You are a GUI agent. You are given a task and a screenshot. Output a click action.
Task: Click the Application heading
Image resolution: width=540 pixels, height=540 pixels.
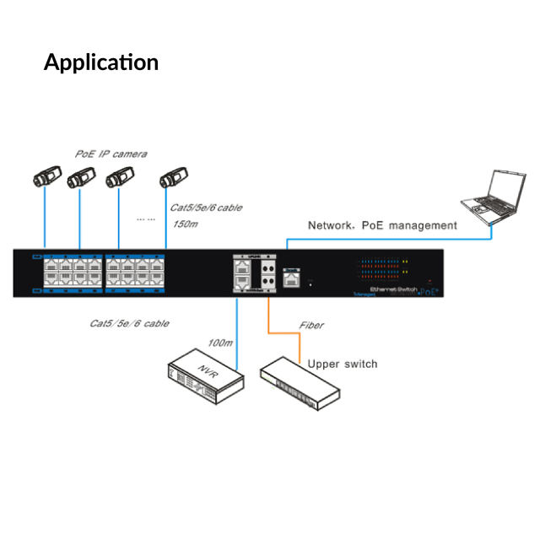(101, 62)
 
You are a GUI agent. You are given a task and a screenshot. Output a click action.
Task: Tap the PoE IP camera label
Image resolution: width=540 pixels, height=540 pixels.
(110, 154)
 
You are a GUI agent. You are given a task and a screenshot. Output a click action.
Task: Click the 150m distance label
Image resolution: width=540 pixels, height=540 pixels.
(185, 224)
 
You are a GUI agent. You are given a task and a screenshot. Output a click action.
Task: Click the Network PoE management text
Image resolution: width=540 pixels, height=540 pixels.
(382, 225)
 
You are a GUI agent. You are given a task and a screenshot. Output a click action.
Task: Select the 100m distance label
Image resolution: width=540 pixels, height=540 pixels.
(221, 343)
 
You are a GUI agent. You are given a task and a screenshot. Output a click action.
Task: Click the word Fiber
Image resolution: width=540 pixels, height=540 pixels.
(311, 325)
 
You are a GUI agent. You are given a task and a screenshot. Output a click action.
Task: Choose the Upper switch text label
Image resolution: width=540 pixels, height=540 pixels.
(343, 364)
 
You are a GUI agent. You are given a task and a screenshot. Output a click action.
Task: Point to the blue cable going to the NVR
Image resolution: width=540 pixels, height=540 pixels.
(238, 333)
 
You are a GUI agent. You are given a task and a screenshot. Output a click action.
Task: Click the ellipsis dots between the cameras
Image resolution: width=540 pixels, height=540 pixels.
(146, 218)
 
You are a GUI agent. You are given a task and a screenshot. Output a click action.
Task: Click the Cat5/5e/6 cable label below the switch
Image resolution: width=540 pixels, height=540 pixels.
(129, 323)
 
